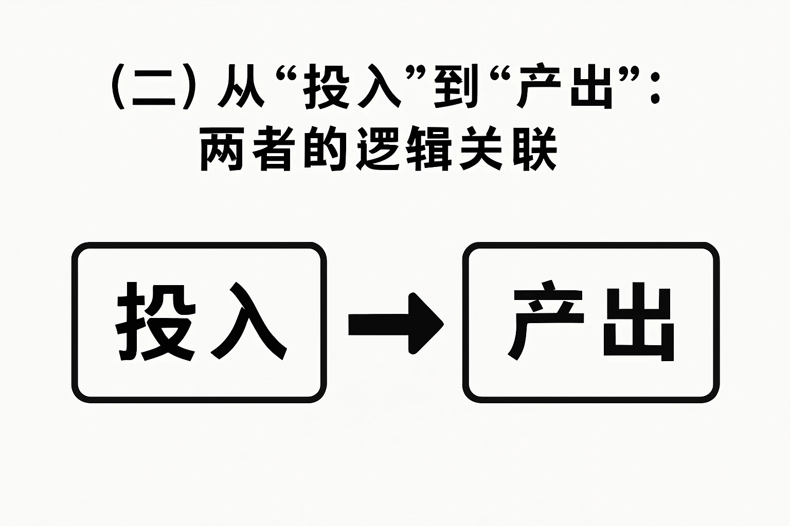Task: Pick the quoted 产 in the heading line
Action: click(x=538, y=91)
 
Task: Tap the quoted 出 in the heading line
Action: click(x=591, y=91)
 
